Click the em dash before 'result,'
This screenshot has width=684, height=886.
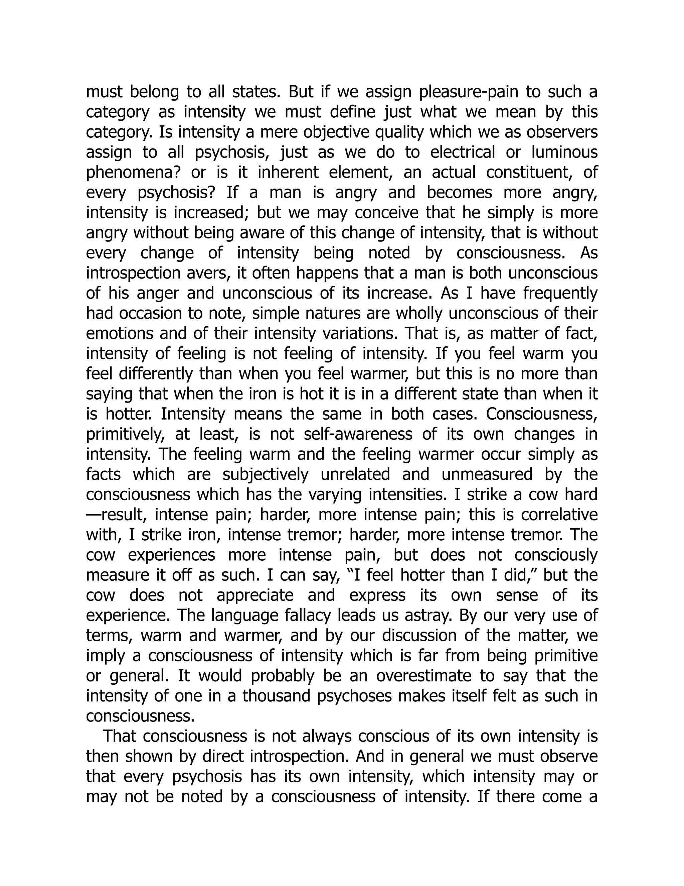pos(94,515)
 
